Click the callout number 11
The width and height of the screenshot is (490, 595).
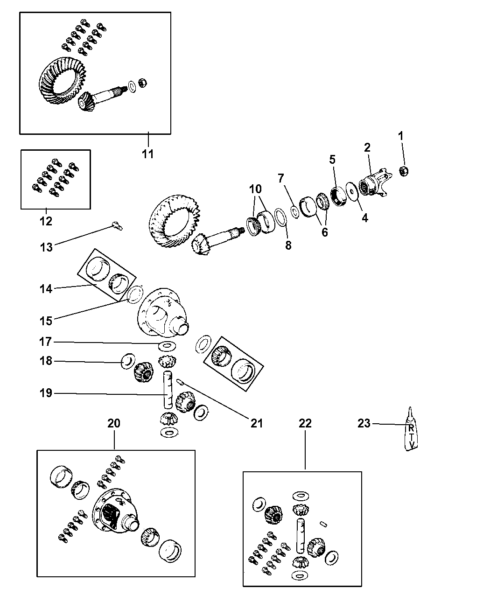pos(147,154)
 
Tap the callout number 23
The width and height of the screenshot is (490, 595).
pos(364,423)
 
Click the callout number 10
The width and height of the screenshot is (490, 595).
pos(255,189)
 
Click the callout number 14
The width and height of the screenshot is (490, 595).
pos(45,289)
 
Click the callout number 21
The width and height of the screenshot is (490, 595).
pos(257,423)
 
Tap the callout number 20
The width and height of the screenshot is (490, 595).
pos(114,423)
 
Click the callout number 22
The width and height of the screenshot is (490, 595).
pos(305,423)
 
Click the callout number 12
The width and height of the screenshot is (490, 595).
pos(46,221)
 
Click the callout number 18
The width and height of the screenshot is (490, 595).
pos(46,361)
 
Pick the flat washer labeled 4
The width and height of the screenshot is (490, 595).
pos(351,194)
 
